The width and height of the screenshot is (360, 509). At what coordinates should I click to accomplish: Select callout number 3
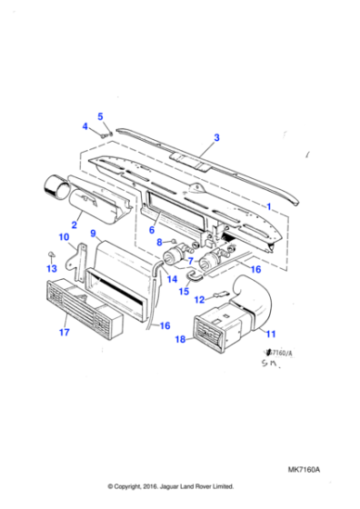[216, 138]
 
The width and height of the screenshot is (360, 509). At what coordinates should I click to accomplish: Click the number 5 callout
[101, 116]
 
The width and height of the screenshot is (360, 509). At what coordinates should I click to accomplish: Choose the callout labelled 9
[94, 234]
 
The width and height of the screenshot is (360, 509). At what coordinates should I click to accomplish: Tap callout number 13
[52, 269]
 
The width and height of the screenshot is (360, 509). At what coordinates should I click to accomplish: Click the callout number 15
[183, 292]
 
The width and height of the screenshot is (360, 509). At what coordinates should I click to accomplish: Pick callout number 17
[64, 333]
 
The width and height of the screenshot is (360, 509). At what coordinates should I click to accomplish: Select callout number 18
[182, 339]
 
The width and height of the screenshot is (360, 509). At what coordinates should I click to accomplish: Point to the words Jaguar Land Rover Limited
[206, 486]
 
